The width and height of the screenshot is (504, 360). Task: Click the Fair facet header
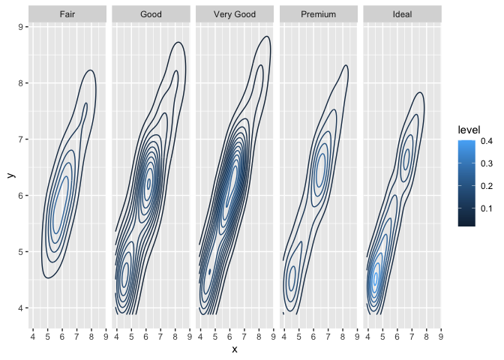pos(67,14)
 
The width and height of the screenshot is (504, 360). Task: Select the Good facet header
pos(151,14)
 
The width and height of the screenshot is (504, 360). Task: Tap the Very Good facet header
pos(235,14)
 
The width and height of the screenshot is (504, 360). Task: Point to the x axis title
pos(235,349)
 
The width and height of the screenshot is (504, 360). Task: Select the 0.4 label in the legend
pos(487,141)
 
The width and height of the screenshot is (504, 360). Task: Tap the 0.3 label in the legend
pos(487,163)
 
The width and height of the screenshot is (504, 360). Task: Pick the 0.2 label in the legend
pos(487,186)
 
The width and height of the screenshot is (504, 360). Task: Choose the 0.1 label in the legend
pos(487,208)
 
